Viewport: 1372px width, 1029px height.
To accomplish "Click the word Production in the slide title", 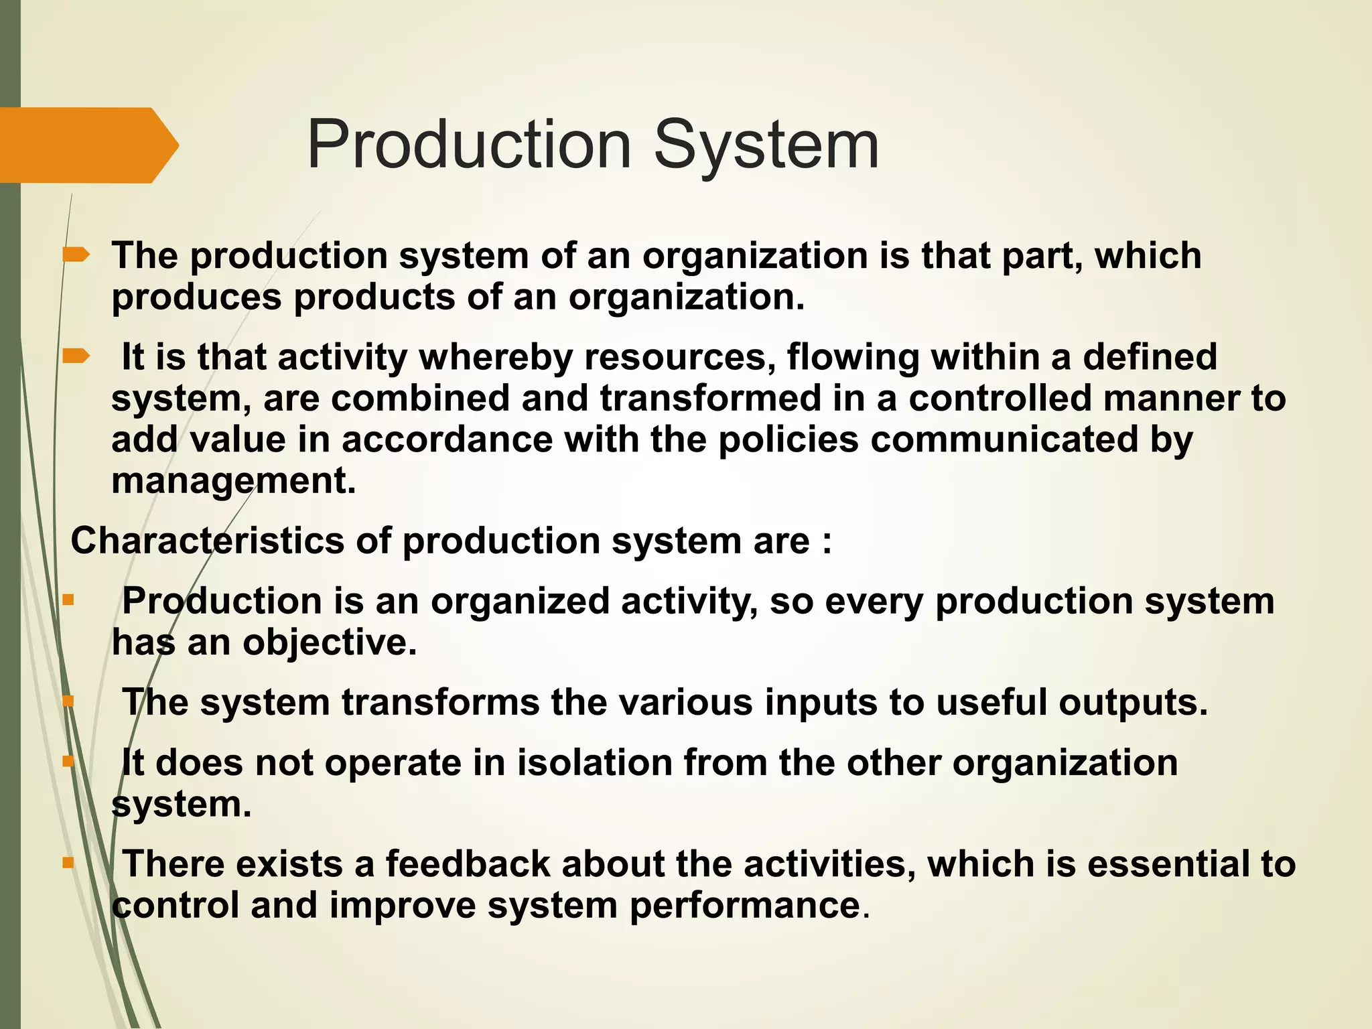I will [469, 145].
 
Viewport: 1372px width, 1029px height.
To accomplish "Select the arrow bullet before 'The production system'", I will [76, 255].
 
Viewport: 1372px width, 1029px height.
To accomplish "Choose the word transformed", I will [710, 398].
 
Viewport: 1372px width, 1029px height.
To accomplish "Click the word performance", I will [744, 905].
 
